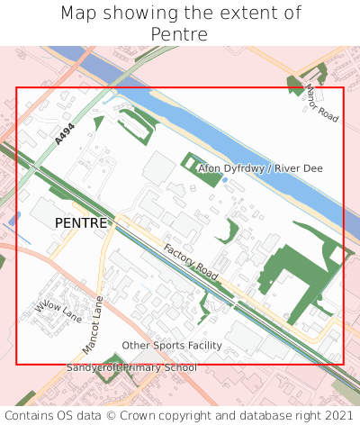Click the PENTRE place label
[x=81, y=222]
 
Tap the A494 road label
[x=64, y=135]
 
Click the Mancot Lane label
[x=94, y=324]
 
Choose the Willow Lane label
[x=58, y=312]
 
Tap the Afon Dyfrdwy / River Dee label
[x=260, y=168]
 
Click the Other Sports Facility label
[x=172, y=346]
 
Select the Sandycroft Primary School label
[x=131, y=367]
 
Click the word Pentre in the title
[x=180, y=35]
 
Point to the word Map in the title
[x=78, y=14]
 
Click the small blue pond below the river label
[x=224, y=180]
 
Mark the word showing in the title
[x=139, y=14]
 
